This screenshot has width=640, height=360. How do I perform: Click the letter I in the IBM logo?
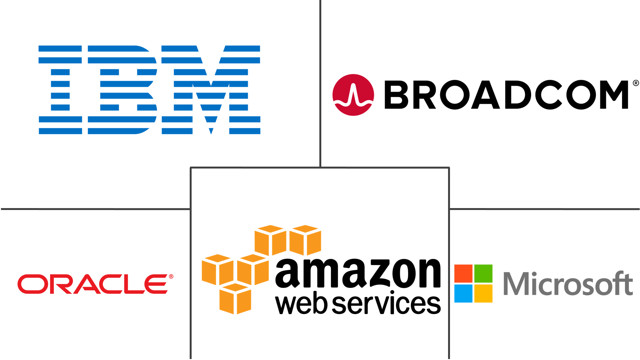60,90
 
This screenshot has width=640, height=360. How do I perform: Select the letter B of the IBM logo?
122,90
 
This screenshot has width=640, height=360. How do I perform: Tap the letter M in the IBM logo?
211,90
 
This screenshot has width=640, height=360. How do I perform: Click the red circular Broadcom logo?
353,95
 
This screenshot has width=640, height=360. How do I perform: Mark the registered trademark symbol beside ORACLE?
171,276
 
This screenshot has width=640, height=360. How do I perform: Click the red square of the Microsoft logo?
463,274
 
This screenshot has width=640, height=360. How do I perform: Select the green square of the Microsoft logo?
483,274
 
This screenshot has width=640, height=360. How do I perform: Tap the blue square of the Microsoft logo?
463,294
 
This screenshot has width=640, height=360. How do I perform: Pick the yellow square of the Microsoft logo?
483,294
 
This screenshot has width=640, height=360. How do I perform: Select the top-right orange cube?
305,240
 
